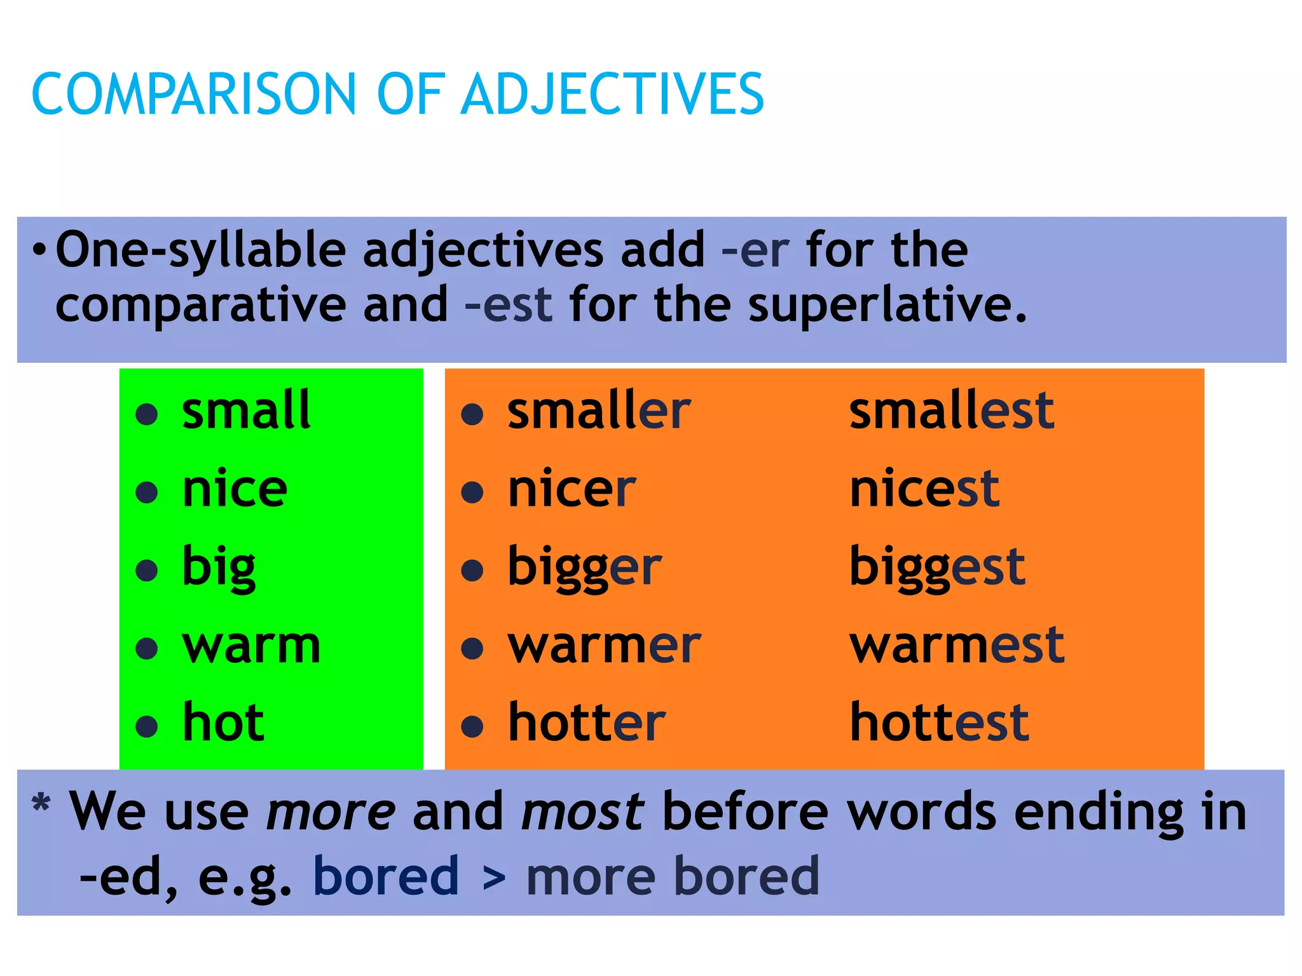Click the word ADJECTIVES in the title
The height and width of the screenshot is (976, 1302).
(x=613, y=94)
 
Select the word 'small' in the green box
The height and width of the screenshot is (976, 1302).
(x=246, y=410)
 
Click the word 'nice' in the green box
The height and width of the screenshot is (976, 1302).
(x=235, y=489)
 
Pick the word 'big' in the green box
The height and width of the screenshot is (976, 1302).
(x=219, y=567)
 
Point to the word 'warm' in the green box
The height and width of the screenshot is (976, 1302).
(x=251, y=646)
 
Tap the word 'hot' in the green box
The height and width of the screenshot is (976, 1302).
(x=223, y=722)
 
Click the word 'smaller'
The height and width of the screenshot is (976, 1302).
(x=599, y=410)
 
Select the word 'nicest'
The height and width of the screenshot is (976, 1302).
(x=924, y=489)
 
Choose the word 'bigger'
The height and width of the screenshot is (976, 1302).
(x=584, y=567)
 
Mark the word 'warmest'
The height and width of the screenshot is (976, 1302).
(x=957, y=646)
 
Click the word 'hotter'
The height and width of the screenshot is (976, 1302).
(x=586, y=722)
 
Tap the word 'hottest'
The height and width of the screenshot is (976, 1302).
(x=939, y=722)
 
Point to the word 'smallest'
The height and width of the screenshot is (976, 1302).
(x=952, y=410)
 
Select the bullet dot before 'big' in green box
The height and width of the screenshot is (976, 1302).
(x=147, y=570)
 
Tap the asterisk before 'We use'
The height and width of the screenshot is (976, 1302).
(x=41, y=803)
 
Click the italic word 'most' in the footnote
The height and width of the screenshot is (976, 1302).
(x=582, y=812)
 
